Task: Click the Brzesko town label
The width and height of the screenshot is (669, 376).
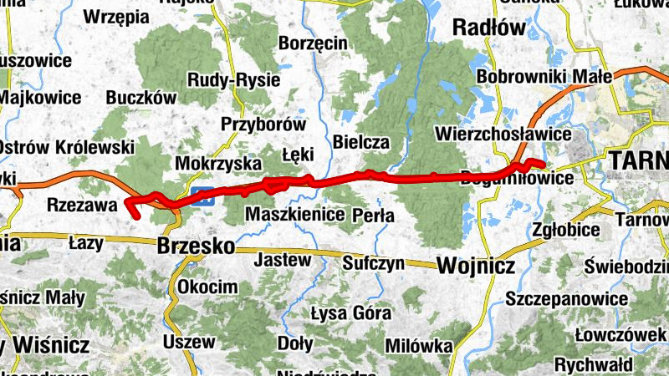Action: [195, 247]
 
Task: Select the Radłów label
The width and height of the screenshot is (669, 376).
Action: [489, 28]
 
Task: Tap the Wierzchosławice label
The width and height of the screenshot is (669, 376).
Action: [503, 134]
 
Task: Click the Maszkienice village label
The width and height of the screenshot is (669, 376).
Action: [295, 215]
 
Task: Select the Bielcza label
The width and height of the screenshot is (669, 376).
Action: [361, 142]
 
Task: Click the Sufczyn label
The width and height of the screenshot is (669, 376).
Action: [374, 264]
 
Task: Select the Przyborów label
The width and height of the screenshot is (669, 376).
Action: [263, 124]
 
